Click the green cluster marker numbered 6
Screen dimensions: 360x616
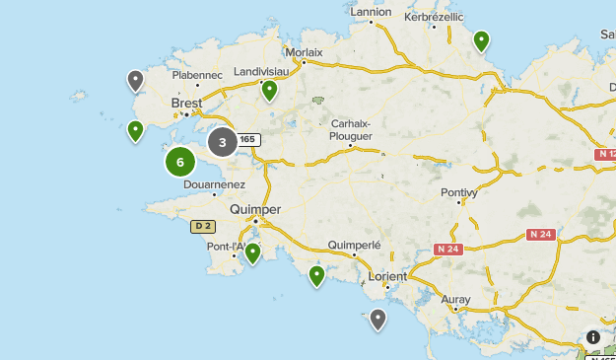point(180,162)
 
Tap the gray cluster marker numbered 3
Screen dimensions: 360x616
point(223,142)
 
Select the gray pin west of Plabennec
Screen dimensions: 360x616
point(136,80)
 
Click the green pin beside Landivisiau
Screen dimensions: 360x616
point(269,90)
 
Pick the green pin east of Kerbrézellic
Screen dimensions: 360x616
point(481,40)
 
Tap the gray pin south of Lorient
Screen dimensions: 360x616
point(377,319)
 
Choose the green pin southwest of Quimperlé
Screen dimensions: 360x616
point(317,275)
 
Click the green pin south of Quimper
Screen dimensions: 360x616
point(253,252)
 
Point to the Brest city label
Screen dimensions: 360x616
point(186,103)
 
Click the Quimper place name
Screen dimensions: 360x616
point(254,209)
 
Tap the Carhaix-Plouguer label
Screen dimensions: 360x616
point(352,129)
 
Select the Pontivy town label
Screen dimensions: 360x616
point(459,192)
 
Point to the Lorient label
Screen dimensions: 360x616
point(385,276)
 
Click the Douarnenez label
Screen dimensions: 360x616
point(213,183)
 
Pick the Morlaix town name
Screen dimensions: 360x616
point(303,52)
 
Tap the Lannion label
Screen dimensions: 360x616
point(372,12)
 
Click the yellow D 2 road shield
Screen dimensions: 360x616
point(202,227)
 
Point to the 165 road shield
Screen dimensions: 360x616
point(247,140)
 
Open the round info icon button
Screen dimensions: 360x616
point(592,337)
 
